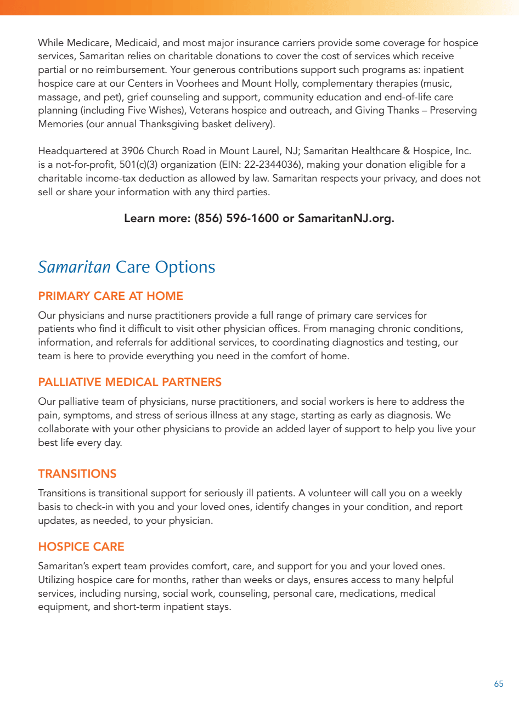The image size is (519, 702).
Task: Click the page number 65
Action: pos(498,684)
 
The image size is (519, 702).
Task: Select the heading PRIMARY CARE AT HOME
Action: pos(110,296)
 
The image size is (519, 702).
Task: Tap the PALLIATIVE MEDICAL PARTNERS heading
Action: pos(129,382)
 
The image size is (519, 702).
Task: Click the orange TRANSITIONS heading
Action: pos(77,474)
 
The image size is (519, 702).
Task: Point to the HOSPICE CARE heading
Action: pos(81,547)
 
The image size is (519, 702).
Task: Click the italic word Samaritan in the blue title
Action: pos(74,267)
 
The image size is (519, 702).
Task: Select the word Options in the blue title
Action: pos(185,267)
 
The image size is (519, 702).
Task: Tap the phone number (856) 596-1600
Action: pos(236,218)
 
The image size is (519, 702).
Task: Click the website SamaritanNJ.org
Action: pos(346,218)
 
